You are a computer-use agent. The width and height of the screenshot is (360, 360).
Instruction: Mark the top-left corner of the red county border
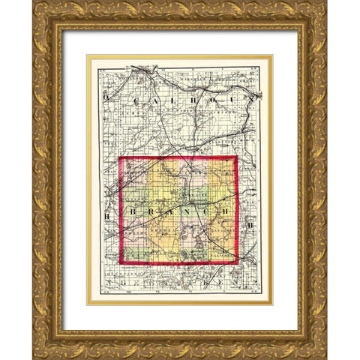tap(120, 157)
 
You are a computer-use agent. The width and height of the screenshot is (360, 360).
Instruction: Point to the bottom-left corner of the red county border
tap(120, 263)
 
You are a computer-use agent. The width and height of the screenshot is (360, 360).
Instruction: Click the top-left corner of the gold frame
tap(33, 1)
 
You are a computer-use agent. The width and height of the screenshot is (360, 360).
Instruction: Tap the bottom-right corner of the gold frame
tap(326, 358)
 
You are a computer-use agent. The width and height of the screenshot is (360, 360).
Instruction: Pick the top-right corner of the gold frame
tap(326, 1)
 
